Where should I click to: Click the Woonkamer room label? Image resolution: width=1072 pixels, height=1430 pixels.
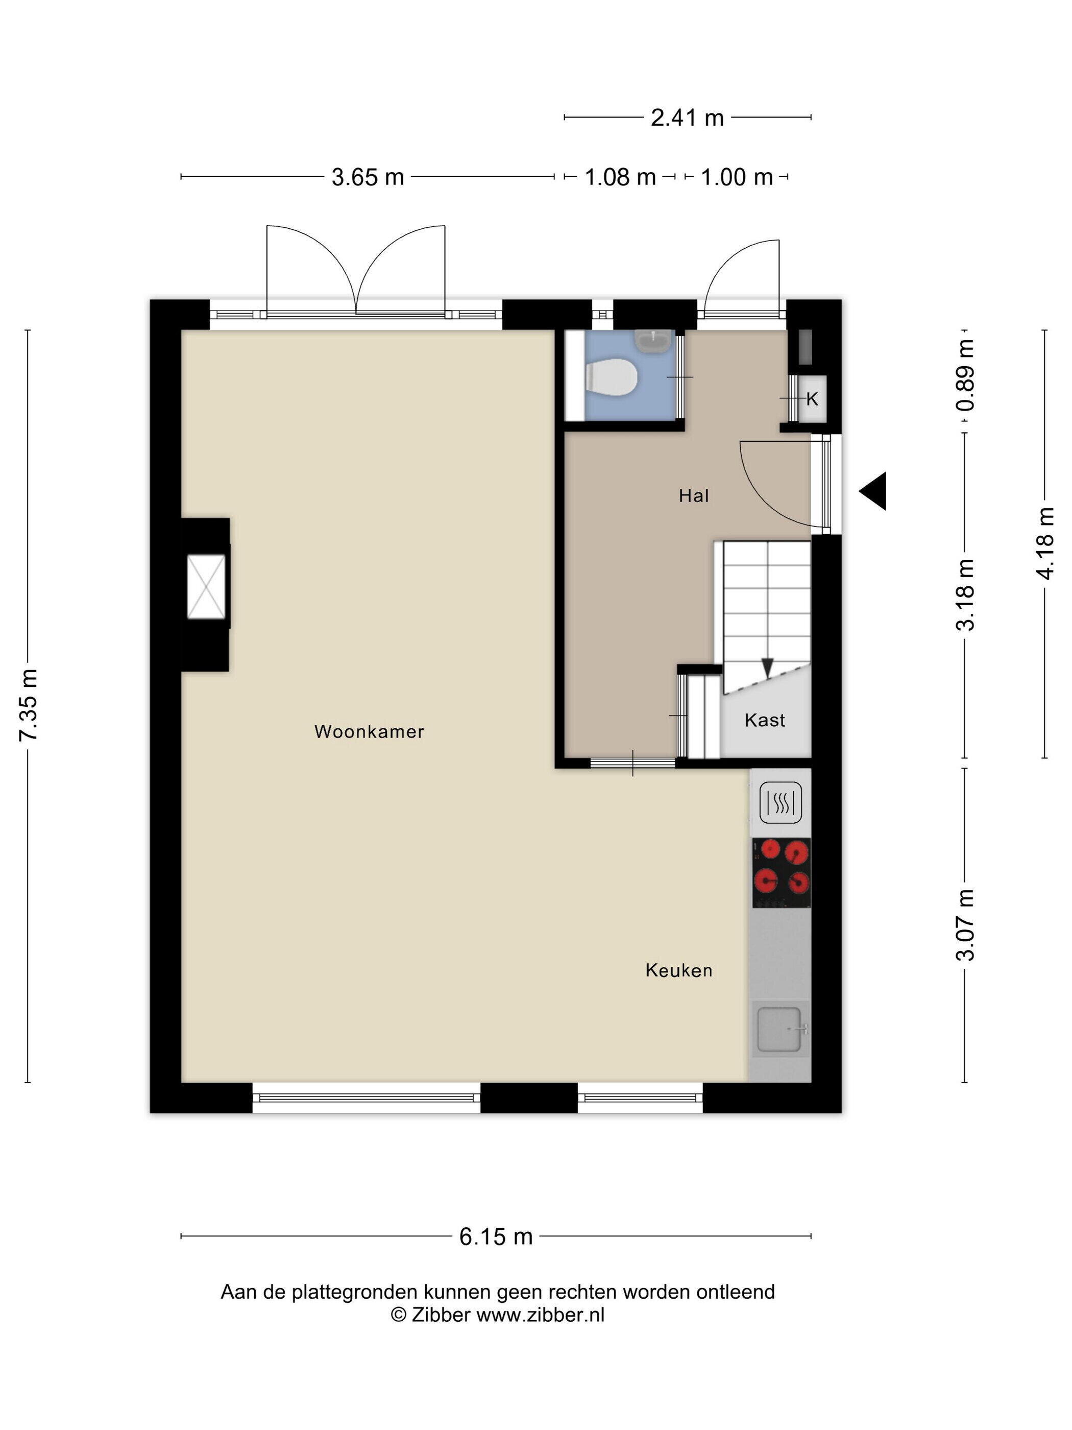369,731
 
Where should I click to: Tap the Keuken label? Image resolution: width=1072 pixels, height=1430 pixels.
678,970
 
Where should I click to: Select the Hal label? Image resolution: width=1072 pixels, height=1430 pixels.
693,495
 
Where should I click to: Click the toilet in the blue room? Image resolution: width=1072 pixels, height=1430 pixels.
611,377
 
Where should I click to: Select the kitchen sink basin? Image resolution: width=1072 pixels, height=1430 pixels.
781,1028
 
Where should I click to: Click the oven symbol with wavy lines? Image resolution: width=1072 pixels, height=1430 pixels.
781,802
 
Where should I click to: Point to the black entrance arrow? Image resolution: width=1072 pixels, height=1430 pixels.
873,491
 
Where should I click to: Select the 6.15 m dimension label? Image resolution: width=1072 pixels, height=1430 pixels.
496,1237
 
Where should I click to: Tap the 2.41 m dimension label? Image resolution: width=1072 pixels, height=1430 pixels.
687,117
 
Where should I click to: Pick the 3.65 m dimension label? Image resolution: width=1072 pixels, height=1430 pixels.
368,177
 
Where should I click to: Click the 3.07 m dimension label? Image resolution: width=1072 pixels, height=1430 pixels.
965,924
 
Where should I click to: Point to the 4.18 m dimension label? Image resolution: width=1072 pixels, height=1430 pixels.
1045,543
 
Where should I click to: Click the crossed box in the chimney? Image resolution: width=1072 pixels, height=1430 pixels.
206,586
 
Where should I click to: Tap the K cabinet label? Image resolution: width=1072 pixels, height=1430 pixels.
812,399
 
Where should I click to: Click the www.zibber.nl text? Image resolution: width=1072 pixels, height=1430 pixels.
541,1314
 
